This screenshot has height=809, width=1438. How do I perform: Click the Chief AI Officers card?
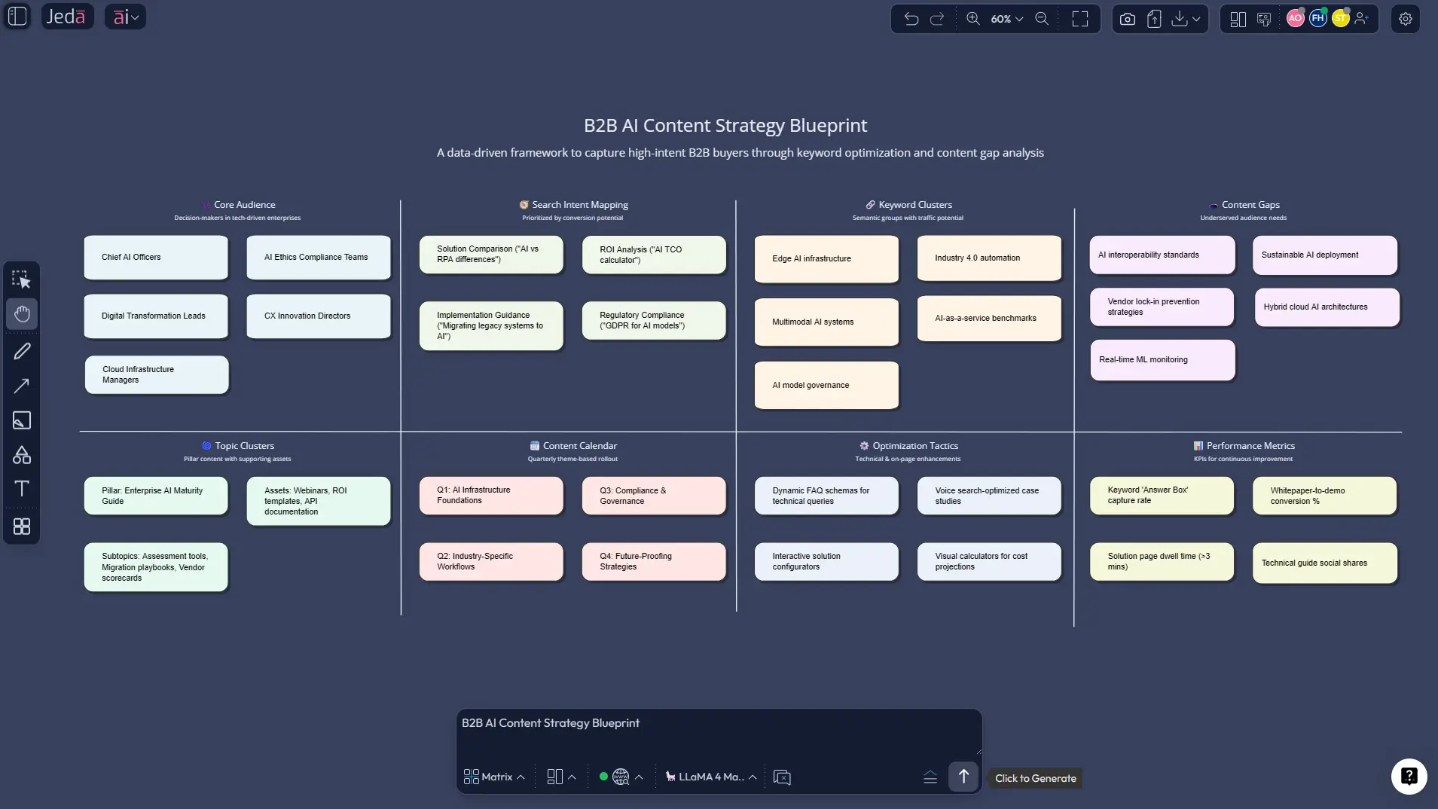tap(155, 258)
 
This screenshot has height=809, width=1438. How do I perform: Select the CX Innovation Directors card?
tap(318, 316)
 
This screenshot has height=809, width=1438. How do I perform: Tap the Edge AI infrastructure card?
tap(826, 259)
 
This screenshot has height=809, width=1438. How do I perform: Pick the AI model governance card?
tap(826, 386)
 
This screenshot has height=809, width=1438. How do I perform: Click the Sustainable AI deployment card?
tap(1324, 255)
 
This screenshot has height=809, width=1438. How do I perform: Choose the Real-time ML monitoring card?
tap(1162, 360)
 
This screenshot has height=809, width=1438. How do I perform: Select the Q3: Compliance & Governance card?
tap(653, 496)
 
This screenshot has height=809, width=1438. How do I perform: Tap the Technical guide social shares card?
tap(1324, 563)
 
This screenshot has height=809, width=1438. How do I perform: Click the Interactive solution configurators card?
tap(826, 562)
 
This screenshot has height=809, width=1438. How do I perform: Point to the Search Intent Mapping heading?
tap(579, 205)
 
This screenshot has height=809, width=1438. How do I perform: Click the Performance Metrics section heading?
tap(1250, 446)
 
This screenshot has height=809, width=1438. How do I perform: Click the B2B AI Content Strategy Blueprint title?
tap(725, 126)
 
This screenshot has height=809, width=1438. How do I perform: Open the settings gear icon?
tap(1405, 19)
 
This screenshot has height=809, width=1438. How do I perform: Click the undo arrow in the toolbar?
tap(911, 19)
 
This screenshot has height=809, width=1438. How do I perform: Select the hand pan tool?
tap(22, 314)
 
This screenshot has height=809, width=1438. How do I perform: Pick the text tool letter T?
tap(22, 489)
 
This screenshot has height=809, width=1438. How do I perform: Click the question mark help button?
tap(1408, 776)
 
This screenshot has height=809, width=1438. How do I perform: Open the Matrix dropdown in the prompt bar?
tap(494, 777)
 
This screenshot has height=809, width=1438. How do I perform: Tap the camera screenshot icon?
tap(1127, 19)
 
